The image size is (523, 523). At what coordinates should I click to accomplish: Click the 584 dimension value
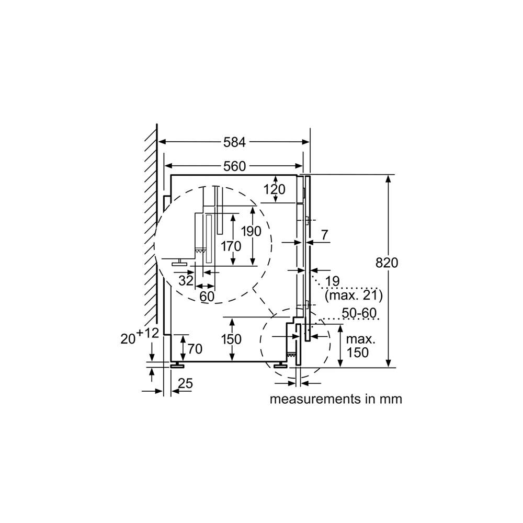[234, 142]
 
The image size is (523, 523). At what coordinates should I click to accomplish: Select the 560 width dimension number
[234, 166]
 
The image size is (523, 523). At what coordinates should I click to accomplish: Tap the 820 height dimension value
[387, 263]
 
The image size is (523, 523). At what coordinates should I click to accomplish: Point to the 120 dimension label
[275, 189]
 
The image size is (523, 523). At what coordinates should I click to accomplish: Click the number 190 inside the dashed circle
[251, 231]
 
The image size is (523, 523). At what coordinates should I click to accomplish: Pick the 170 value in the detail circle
[231, 246]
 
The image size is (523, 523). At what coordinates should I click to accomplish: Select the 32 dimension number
[186, 280]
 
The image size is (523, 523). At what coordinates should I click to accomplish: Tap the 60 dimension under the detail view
[207, 296]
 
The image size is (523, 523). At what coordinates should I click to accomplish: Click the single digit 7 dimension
[325, 235]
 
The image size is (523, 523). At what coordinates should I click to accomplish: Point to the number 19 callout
[333, 281]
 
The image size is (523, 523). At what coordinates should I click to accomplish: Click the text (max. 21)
[354, 295]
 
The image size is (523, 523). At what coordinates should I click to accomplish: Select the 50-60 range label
[359, 313]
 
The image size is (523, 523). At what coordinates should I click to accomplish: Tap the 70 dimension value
[195, 349]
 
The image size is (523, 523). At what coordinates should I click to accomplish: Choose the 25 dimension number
[185, 383]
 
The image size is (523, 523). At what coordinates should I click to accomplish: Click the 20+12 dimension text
[140, 336]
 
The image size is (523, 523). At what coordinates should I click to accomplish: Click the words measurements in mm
[336, 399]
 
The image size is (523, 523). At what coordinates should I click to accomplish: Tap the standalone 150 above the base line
[231, 339]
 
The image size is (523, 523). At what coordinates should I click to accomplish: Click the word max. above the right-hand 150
[361, 339]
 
